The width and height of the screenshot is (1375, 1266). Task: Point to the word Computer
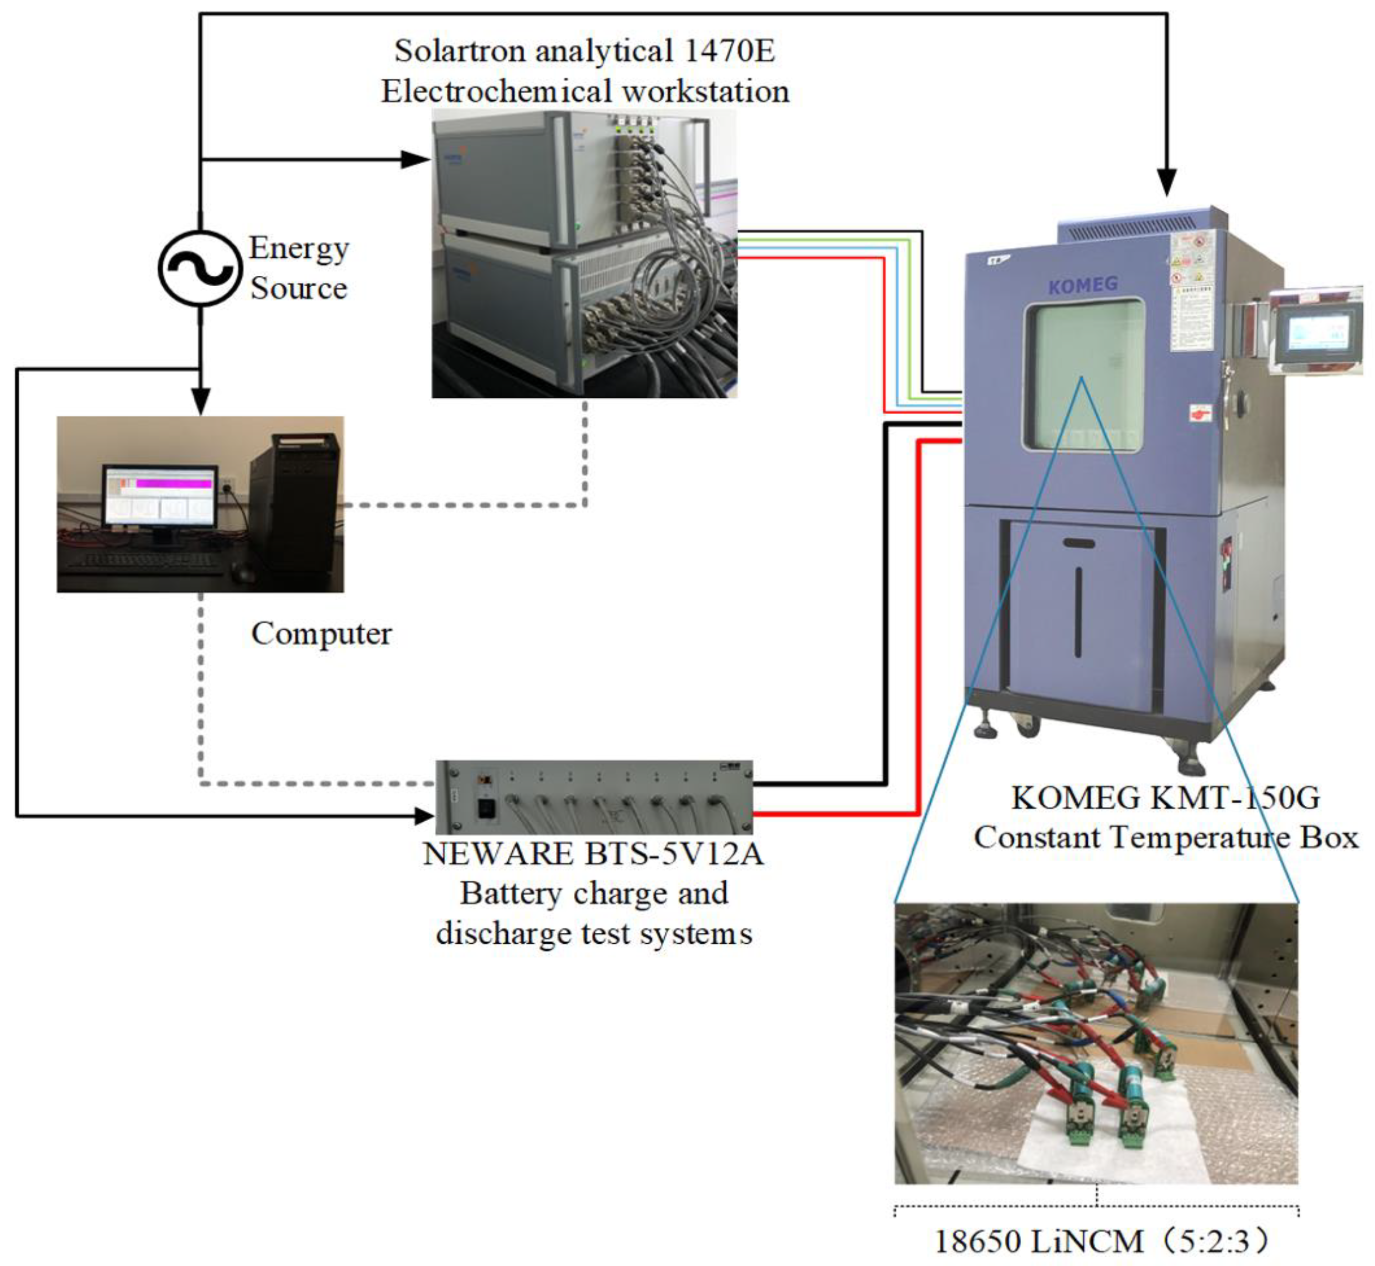[321, 634]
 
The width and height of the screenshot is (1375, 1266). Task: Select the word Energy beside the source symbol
[299, 248]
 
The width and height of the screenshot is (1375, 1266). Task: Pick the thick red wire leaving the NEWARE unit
[836, 814]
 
